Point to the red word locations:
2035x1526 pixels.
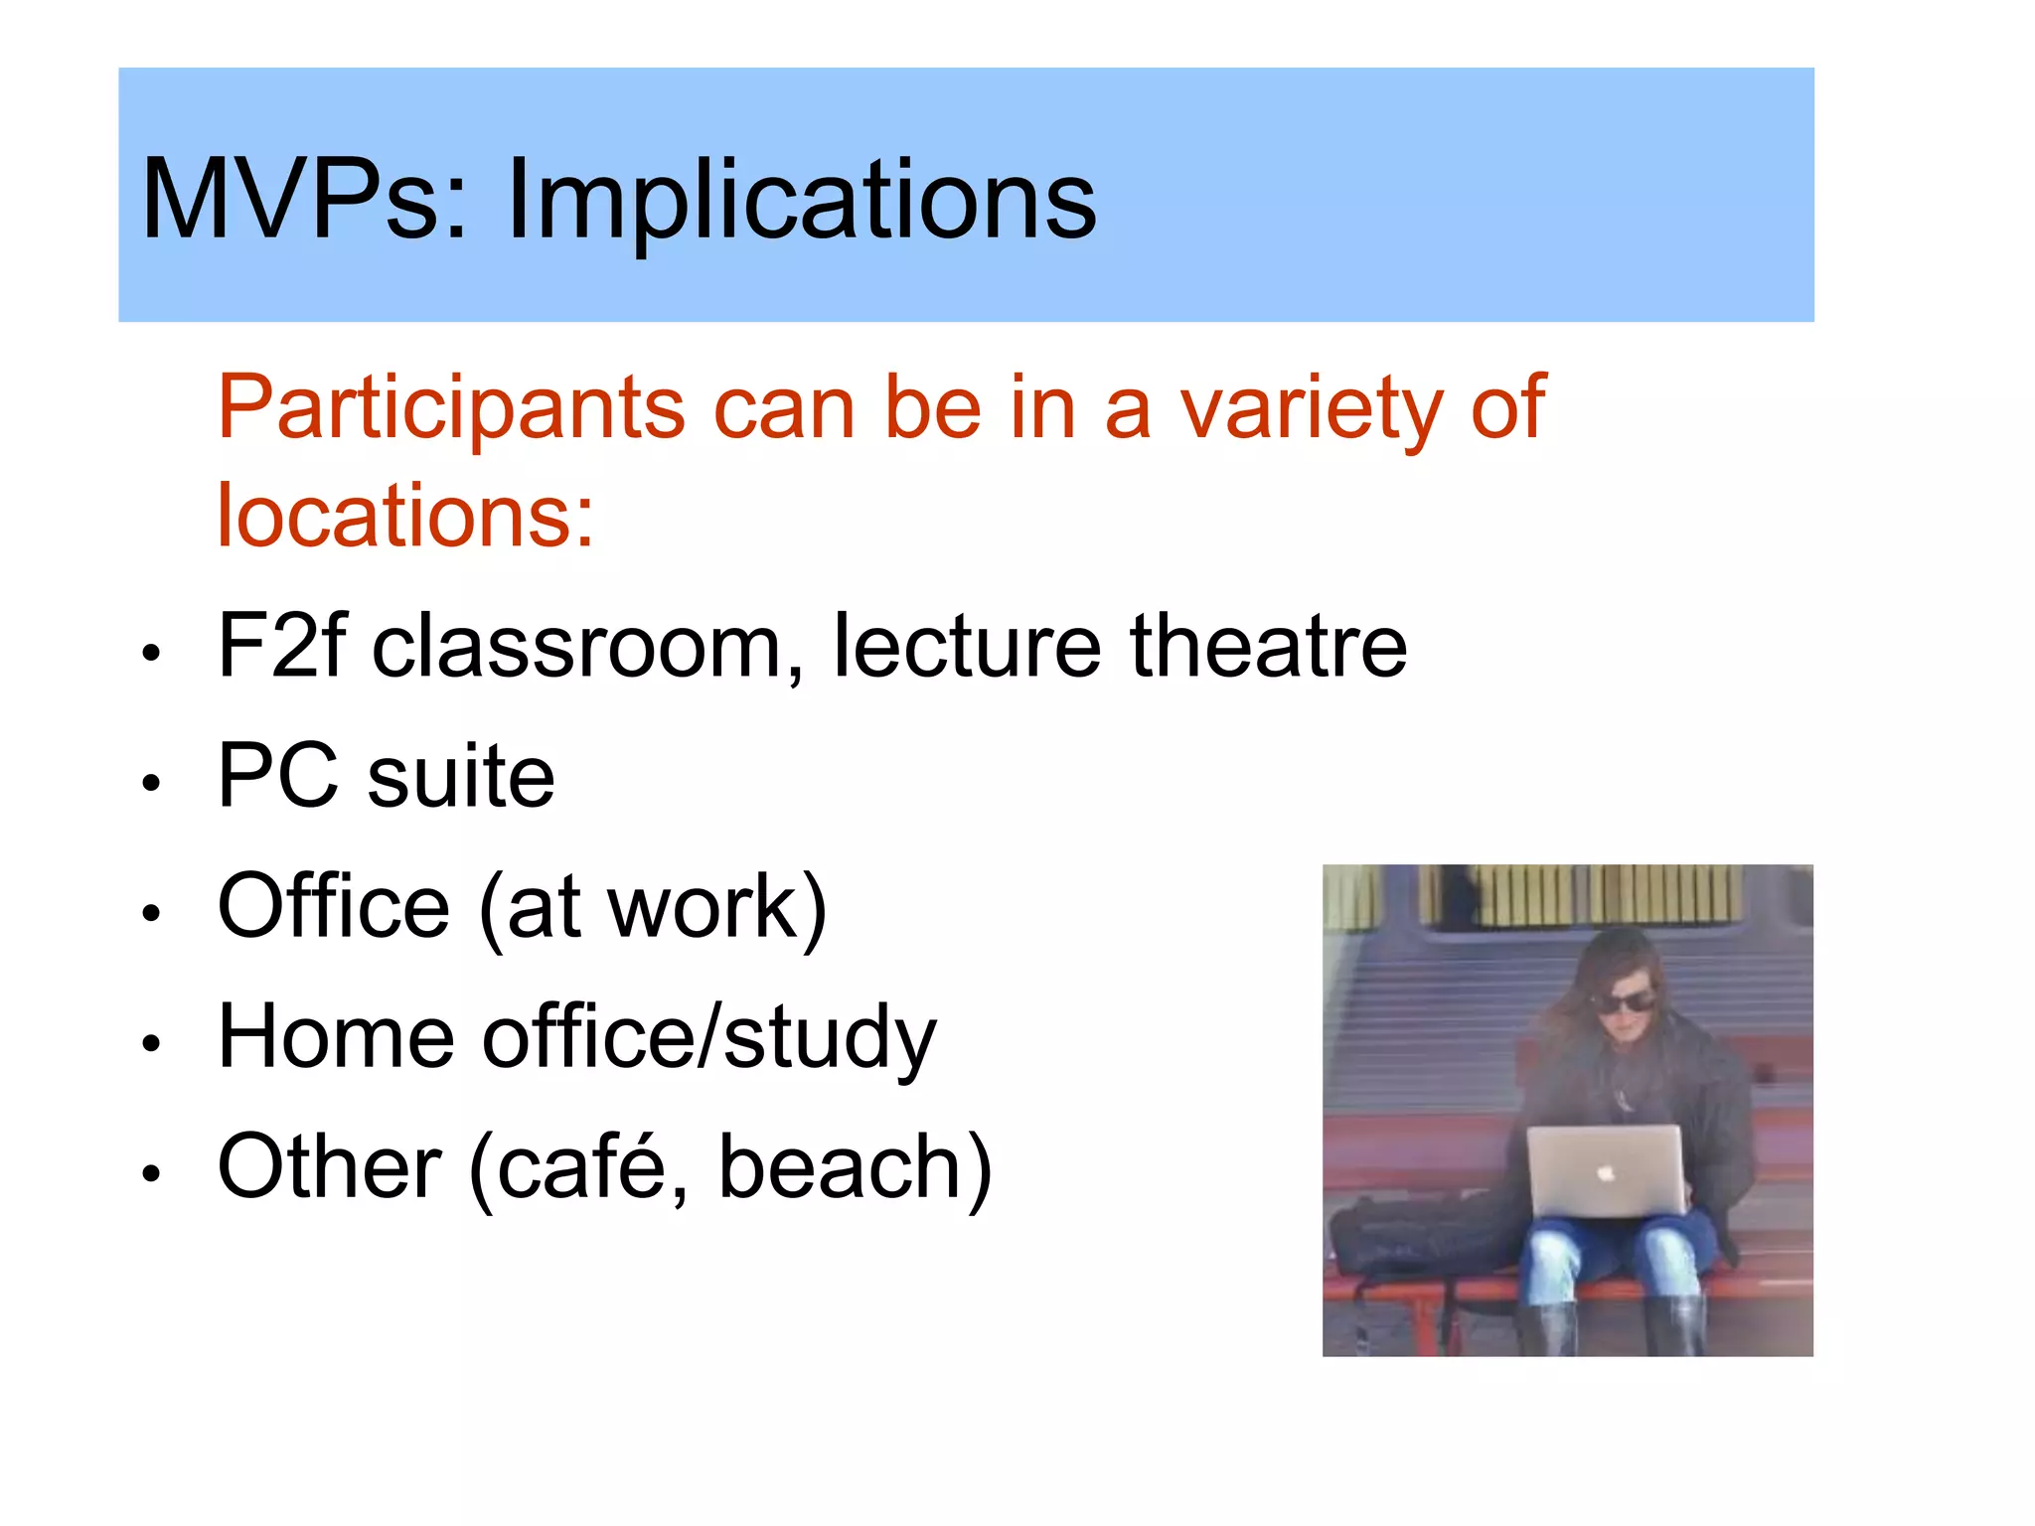(x=405, y=517)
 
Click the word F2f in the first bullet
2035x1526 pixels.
(x=281, y=646)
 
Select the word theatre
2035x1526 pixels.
(x=1269, y=646)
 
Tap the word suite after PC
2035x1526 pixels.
(x=461, y=777)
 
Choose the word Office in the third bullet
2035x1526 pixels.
(x=334, y=906)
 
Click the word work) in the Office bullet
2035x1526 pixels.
(x=717, y=906)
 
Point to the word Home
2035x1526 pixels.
(x=336, y=1036)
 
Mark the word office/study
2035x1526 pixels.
(x=708, y=1038)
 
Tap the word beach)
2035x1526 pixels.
(x=856, y=1167)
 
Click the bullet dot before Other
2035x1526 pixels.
(x=150, y=1173)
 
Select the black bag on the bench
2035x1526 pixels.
(x=1411, y=1237)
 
